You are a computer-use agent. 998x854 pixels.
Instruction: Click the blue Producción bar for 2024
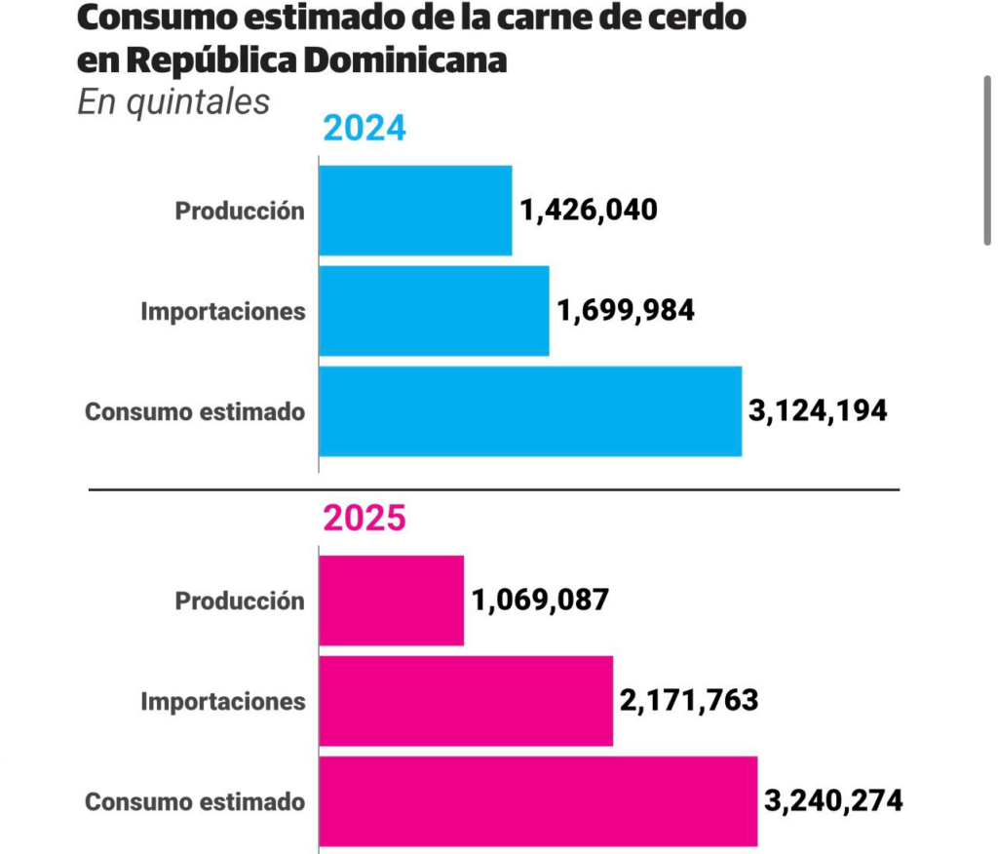click(415, 211)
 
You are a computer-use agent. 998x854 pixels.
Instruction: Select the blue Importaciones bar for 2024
click(434, 311)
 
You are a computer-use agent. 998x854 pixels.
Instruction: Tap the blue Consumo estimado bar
click(530, 411)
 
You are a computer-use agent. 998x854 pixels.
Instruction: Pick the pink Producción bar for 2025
click(391, 601)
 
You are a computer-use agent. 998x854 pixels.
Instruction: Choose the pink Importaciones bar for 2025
click(466, 701)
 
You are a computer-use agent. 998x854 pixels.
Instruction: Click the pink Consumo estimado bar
click(538, 801)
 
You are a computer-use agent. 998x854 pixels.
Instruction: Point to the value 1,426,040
click(589, 210)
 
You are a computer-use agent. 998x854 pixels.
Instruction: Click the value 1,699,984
click(626, 310)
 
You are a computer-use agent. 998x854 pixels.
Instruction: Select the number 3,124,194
click(818, 410)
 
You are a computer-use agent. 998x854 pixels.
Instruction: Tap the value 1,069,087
click(541, 600)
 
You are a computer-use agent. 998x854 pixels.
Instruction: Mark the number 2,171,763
click(689, 700)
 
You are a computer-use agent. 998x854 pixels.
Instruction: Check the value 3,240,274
click(833, 801)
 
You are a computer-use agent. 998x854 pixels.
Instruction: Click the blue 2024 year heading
click(364, 129)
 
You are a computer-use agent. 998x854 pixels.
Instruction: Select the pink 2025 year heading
click(364, 519)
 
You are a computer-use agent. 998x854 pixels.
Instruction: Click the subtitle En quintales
click(173, 101)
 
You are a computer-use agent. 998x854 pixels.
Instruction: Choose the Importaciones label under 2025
click(223, 701)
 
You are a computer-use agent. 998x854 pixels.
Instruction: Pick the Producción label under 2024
click(240, 211)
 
